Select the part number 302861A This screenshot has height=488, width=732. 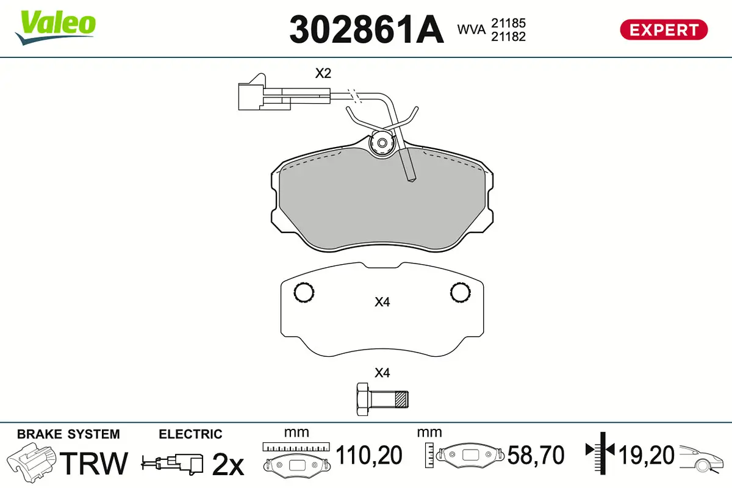[366, 29]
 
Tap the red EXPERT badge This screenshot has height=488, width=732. [664, 29]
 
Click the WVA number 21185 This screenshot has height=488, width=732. [508, 23]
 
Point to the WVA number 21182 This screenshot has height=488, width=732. [508, 37]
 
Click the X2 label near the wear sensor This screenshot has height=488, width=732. [323, 74]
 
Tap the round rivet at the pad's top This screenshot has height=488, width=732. [382, 143]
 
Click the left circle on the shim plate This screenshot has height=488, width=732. [304, 293]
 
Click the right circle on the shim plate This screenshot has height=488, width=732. [461, 293]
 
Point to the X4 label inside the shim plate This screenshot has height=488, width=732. [382, 301]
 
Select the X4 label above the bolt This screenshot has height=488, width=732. [382, 373]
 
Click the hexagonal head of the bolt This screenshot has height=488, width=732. [361, 400]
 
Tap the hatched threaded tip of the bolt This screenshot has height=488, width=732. [401, 400]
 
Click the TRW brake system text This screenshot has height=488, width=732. [95, 464]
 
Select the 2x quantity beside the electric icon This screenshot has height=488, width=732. [228, 465]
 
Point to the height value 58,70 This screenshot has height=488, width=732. [536, 456]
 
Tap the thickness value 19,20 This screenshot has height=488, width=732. [646, 456]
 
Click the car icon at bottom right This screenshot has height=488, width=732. [703, 457]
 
